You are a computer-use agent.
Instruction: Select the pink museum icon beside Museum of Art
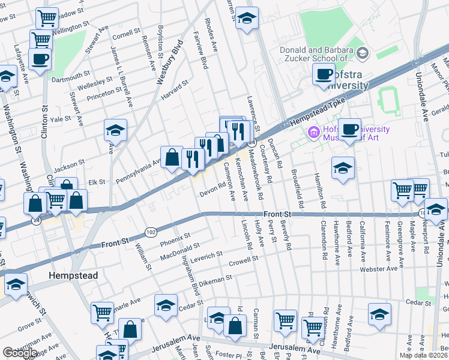click(x=313, y=132)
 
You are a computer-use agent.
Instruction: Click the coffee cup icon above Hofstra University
click(x=323, y=74)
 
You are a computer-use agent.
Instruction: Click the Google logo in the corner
click(x=20, y=353)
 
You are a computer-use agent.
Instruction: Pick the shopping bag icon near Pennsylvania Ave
click(x=172, y=158)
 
